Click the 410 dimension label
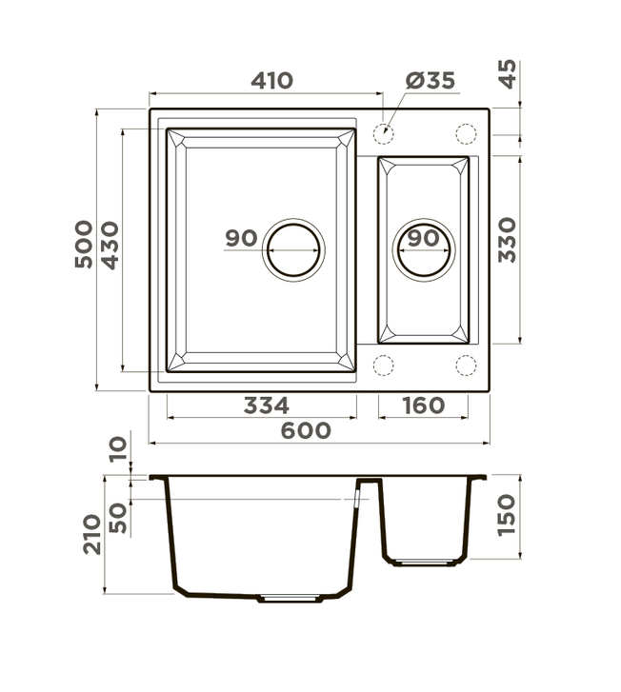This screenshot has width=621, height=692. pos(271,81)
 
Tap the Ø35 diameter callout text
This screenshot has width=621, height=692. pos(431,80)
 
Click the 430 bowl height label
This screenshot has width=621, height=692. pos(110,246)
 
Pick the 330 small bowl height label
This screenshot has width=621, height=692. pos(507,240)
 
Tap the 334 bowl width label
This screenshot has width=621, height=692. pos(267,405)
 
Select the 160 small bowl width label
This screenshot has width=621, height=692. pos(423,405)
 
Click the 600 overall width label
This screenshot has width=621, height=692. pos(306,431)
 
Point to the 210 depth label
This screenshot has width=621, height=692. pos(91,534)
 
